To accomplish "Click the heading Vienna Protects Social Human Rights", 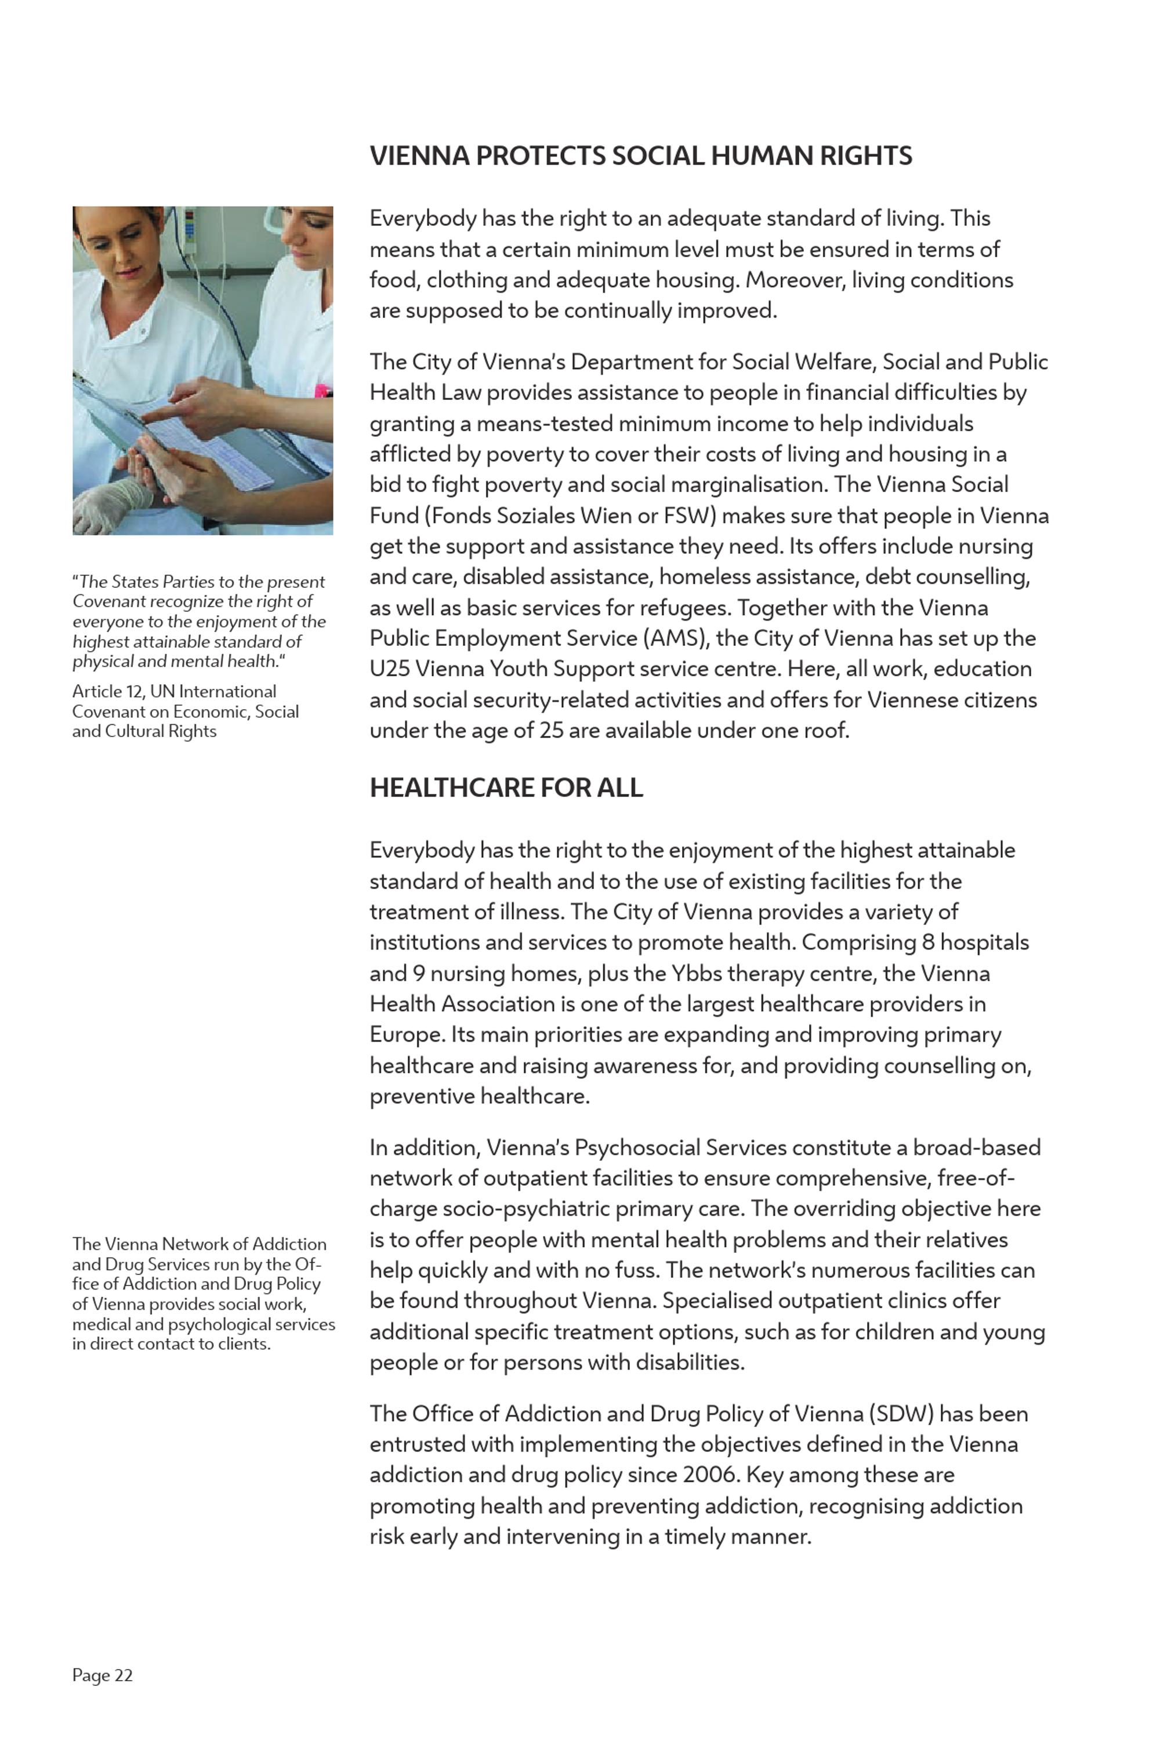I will click(x=641, y=156).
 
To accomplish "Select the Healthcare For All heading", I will click(x=506, y=788).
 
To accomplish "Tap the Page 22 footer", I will click(x=102, y=1675).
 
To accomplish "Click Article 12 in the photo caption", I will click(x=107, y=691).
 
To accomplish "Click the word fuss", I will click(x=637, y=1270).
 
